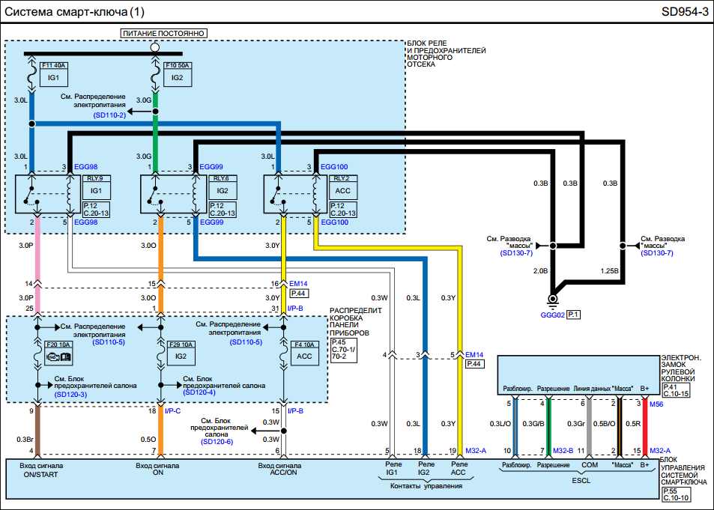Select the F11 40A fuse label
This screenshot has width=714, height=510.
click(x=52, y=65)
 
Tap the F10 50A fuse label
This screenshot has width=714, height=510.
click(x=178, y=65)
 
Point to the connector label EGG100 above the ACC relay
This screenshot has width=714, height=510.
click(x=333, y=166)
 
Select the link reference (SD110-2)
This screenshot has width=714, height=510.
click(x=110, y=113)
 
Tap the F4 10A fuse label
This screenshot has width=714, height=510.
click(x=303, y=344)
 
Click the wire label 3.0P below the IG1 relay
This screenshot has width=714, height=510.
click(x=25, y=244)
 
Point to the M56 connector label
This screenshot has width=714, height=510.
click(x=656, y=404)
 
